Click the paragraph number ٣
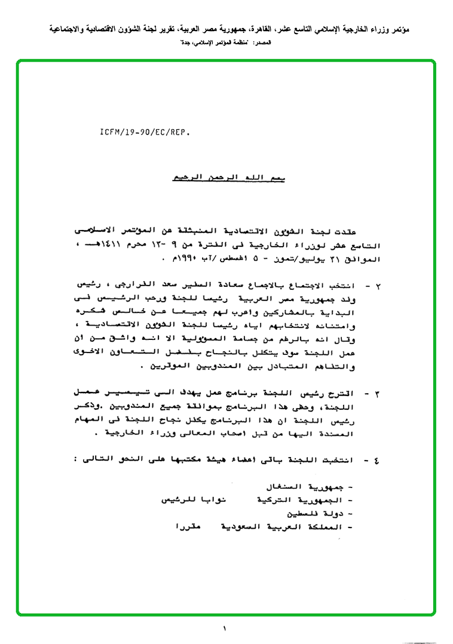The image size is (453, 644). tap(386, 394)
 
